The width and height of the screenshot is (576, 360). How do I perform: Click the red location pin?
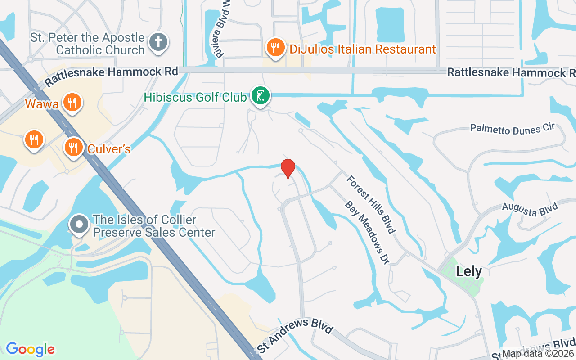click(x=288, y=168)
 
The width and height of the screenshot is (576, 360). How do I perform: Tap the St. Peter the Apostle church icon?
click(x=158, y=42)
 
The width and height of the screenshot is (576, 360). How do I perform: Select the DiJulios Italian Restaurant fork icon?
click(x=275, y=47)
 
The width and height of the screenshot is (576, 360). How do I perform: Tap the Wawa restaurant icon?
click(x=72, y=103)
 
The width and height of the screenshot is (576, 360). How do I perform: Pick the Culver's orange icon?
click(x=72, y=147)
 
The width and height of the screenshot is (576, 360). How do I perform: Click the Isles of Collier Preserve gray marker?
click(x=80, y=224)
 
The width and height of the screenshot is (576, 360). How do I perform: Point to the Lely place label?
click(x=469, y=271)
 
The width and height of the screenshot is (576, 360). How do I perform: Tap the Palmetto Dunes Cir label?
click(x=513, y=129)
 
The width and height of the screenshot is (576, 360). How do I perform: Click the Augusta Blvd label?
click(x=530, y=210)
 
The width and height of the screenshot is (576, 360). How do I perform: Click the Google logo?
click(x=30, y=349)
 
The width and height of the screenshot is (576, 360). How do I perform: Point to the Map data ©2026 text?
click(x=538, y=354)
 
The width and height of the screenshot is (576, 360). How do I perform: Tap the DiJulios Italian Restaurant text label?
click(x=363, y=49)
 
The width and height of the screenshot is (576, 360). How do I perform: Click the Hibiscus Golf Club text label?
click(x=195, y=97)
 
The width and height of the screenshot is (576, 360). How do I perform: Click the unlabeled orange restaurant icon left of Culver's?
click(x=34, y=139)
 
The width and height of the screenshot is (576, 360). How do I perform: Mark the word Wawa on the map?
click(x=41, y=104)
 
